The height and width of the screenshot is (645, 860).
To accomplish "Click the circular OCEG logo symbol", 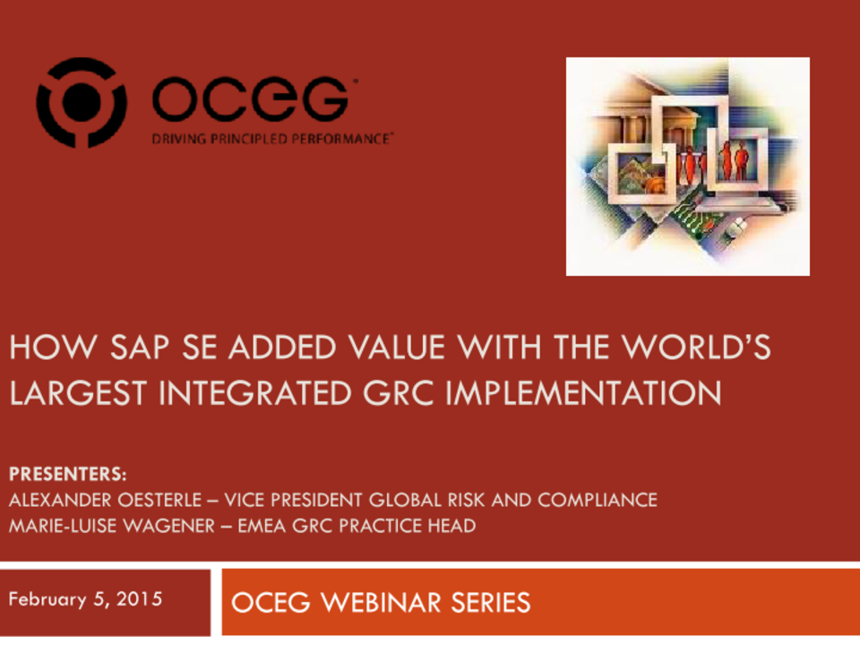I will click(81, 102).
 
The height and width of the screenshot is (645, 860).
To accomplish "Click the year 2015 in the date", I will click(139, 598).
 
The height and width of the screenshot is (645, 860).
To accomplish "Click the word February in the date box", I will click(45, 598).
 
